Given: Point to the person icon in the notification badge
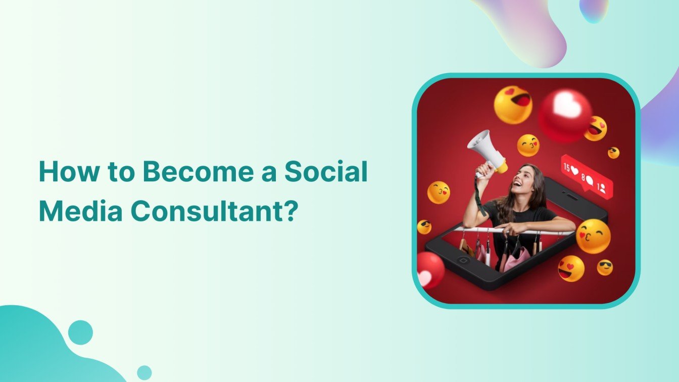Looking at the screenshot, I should point(603,188).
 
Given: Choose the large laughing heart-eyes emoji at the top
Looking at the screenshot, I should point(513,105).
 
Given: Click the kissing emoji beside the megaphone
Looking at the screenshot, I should point(528,146).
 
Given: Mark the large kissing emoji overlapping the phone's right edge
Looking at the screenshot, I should point(593,236).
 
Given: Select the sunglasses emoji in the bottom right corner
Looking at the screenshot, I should point(605,267).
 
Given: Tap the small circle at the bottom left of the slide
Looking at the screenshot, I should point(144,372).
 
